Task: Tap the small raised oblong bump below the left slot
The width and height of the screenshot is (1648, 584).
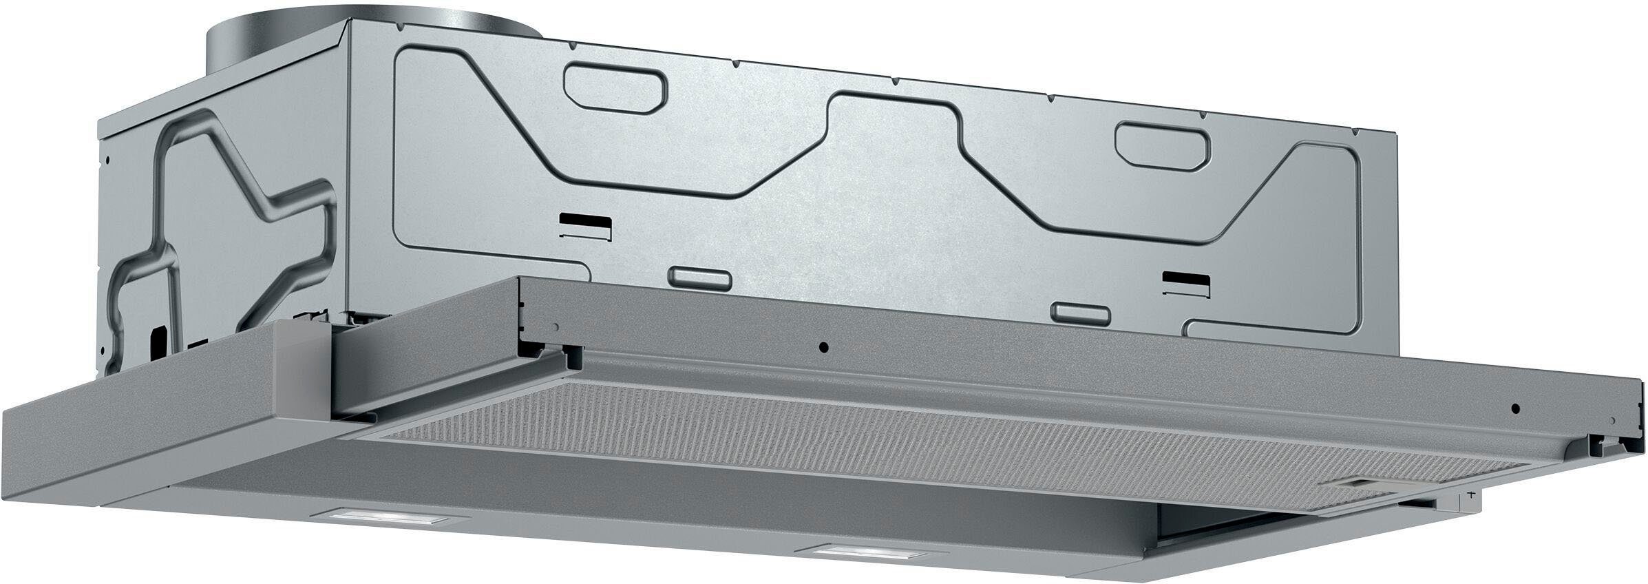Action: click(700, 275)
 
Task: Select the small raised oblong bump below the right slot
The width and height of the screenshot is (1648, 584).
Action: click(1083, 313)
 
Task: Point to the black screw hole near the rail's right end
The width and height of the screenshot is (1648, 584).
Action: click(1514, 408)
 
